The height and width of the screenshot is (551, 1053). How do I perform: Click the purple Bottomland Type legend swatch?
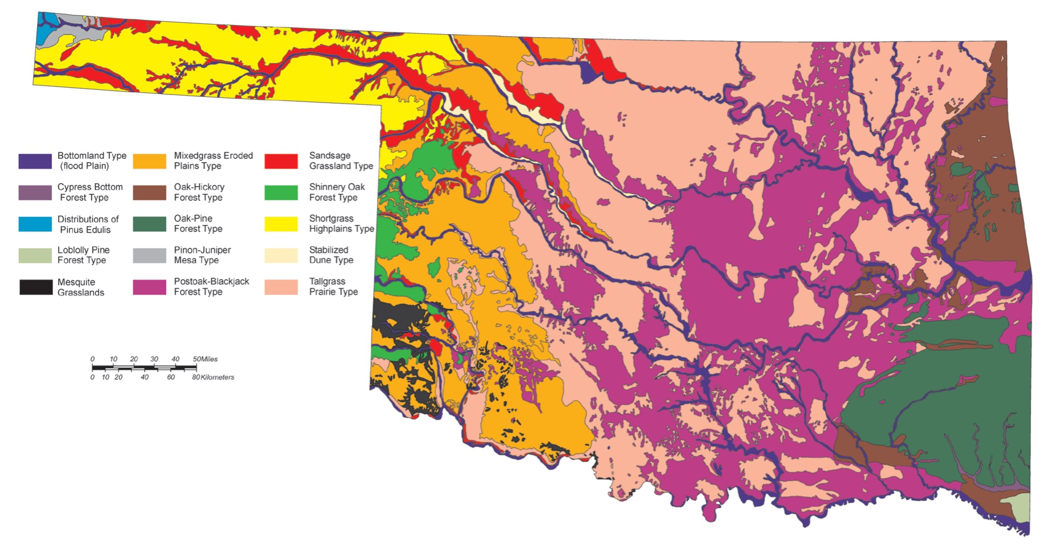35,161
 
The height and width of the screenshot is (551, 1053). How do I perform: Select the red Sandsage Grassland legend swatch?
281,161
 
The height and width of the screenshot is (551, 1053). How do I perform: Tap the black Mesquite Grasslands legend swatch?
36,287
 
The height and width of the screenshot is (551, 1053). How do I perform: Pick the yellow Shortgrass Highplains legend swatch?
281,224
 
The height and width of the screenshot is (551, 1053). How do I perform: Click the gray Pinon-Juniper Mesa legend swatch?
149,256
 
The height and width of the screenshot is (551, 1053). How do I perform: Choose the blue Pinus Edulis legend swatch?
35,224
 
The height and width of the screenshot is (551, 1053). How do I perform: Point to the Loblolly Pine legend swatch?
35,256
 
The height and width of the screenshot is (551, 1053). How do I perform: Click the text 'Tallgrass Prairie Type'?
333,286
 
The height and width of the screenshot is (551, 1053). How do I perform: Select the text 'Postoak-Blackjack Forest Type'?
211,286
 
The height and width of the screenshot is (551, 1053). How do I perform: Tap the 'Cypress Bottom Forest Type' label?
90,192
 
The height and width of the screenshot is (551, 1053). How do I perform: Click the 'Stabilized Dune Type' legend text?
331,255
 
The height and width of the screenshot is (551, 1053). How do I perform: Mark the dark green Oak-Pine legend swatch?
149,224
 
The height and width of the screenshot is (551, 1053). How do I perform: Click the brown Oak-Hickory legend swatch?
149,192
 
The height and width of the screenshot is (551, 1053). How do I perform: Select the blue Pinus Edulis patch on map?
45,26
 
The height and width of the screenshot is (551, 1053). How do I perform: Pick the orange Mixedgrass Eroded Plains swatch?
149,161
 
